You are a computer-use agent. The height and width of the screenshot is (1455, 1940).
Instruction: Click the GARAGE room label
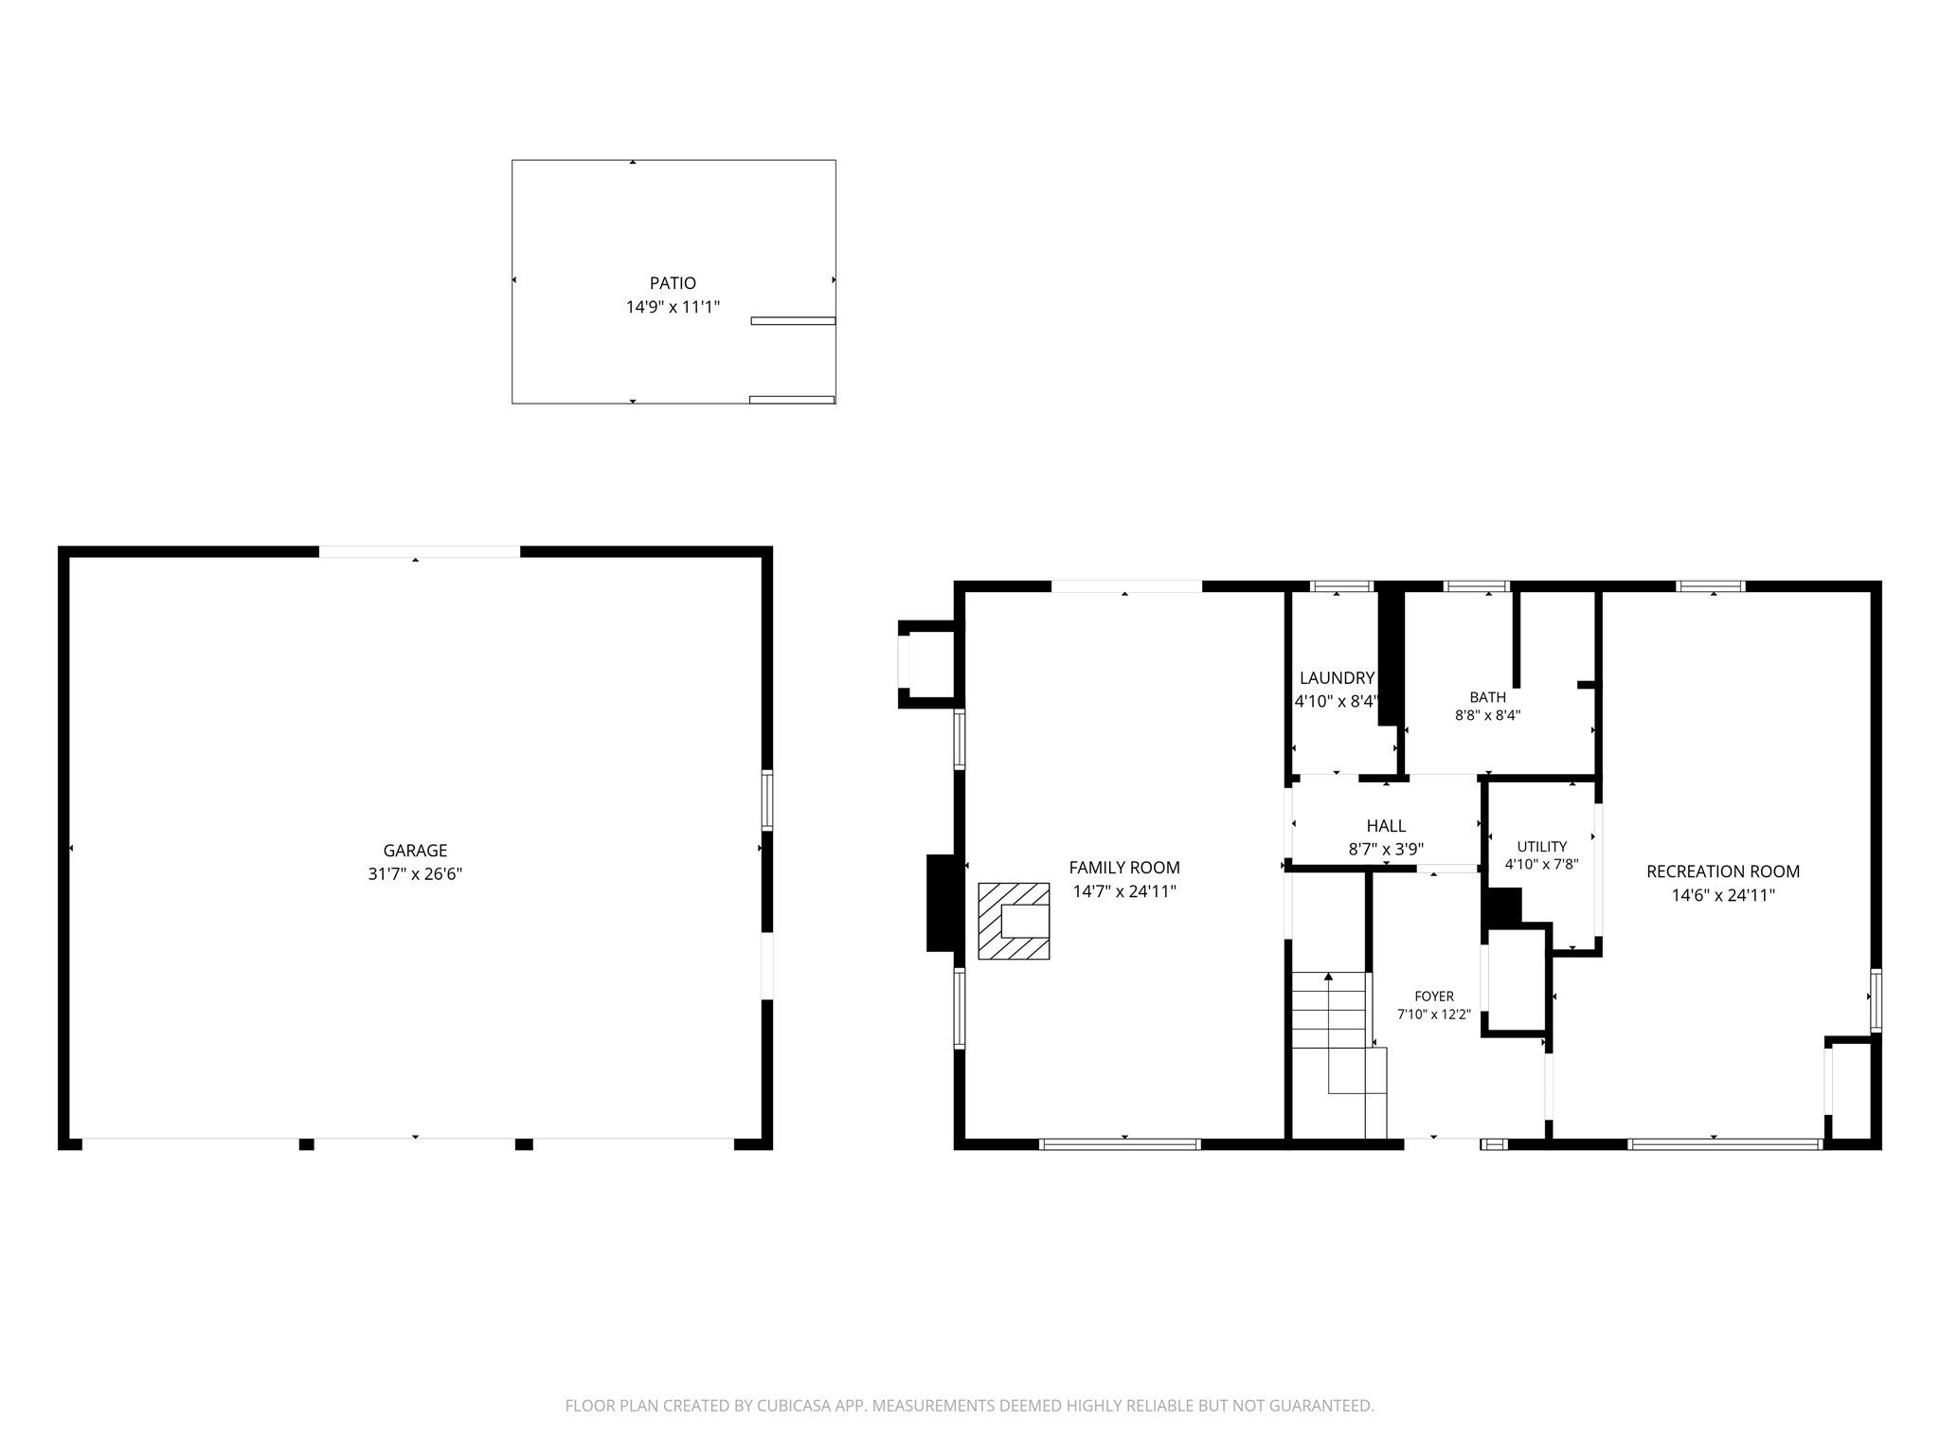[415, 851]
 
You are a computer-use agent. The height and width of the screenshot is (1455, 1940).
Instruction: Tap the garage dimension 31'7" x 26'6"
[415, 874]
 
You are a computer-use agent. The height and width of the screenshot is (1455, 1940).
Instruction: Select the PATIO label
[673, 283]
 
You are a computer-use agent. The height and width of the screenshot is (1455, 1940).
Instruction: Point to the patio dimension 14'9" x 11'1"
[673, 307]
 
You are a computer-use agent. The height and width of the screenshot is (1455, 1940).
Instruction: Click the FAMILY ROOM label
[1124, 867]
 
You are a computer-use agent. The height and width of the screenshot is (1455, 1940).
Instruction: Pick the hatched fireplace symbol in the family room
[1014, 921]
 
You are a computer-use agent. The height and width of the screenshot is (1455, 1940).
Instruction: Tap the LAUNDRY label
[1337, 678]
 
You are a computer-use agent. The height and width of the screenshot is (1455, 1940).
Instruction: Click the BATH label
[1487, 697]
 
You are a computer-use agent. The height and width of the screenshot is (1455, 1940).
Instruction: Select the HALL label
[1386, 826]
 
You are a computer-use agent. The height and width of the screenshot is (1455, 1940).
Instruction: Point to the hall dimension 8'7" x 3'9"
[1386, 850]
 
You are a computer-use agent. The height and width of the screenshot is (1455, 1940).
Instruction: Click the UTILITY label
[1542, 847]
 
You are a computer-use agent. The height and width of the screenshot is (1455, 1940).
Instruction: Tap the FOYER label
[1434, 997]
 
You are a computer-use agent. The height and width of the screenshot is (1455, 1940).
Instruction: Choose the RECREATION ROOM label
[1723, 871]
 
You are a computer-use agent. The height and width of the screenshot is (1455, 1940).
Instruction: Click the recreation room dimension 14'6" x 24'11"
[1723, 895]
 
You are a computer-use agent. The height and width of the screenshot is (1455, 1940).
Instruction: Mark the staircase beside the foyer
[1338, 1053]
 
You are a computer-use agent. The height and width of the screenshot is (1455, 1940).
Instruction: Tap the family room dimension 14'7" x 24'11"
[1124, 891]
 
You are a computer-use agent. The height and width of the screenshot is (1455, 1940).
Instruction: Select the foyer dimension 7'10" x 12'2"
[1434, 1015]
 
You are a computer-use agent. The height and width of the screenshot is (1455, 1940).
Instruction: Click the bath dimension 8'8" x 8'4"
[1487, 716]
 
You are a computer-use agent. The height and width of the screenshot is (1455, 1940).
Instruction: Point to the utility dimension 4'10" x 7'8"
[1542, 864]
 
